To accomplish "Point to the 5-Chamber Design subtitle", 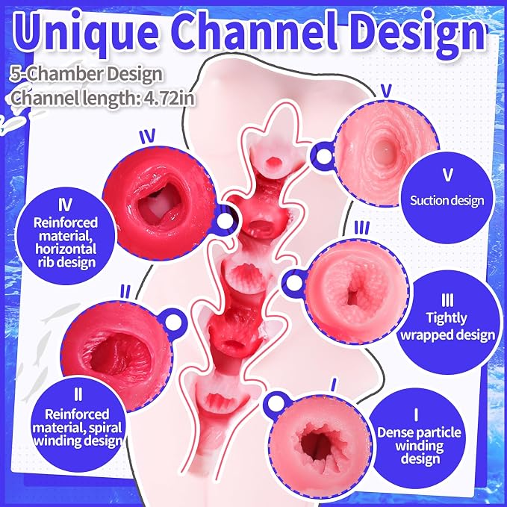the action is pos(87,75).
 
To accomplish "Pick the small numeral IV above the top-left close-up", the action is pos(147,136).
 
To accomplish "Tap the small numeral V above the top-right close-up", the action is pos(386,90).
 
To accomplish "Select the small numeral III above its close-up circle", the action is pos(361,228).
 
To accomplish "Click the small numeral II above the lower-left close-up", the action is pos(125,292).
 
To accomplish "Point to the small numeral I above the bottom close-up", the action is pos(334,385).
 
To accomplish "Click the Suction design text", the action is pos(447,200).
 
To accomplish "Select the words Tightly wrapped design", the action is pos(448,326).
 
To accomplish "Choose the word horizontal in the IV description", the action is pos(66,249).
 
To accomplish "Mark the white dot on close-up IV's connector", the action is pos(225,221).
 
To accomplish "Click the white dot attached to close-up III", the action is pos(294,282).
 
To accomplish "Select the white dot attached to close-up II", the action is pos(174,321).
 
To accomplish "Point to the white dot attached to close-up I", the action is pos(275,403).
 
